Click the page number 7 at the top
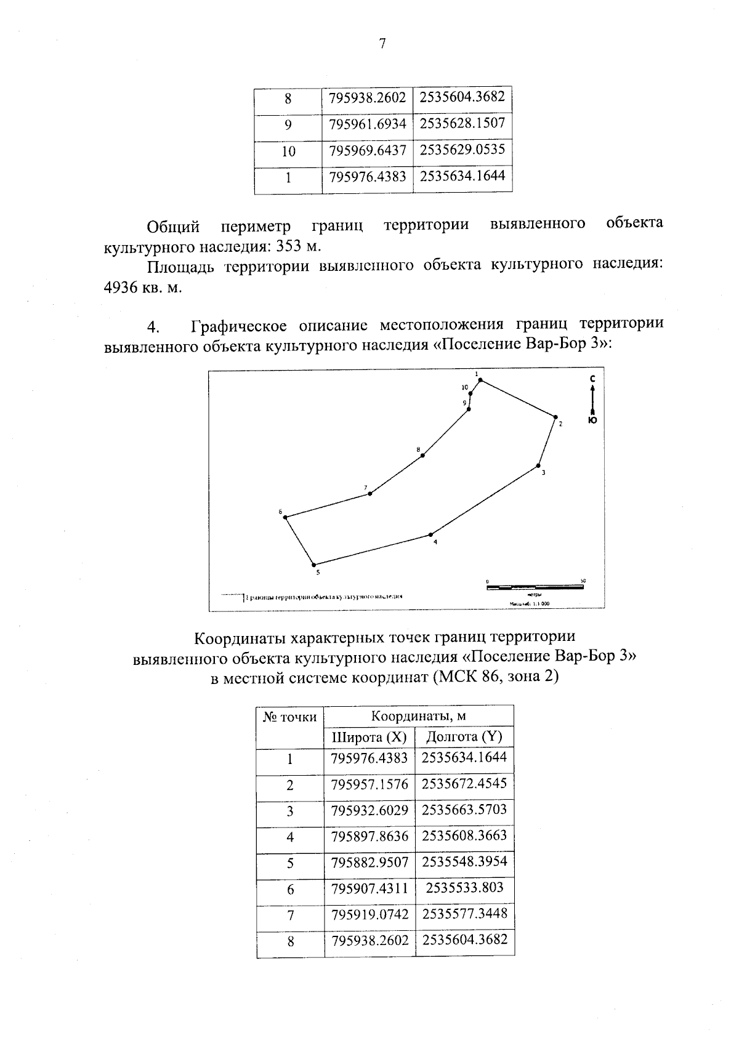382,44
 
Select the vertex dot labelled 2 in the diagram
555,417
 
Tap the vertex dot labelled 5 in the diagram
313,565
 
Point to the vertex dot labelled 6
285,517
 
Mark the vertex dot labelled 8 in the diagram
422,455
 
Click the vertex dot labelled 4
430,534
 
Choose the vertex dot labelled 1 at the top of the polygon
480,380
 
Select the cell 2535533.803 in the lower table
464,888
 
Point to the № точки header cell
290,717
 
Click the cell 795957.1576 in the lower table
369,784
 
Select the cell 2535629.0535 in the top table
462,150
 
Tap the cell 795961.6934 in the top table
368,124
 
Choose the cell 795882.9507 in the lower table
369,863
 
